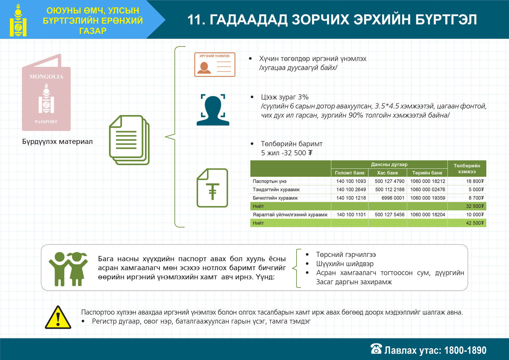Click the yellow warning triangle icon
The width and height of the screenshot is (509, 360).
[x=58, y=317]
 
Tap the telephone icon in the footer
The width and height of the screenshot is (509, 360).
[x=376, y=349]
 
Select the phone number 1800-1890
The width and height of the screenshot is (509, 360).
[x=465, y=350]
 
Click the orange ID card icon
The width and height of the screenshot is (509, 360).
[x=215, y=65]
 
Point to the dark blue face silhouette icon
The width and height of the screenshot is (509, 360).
[x=213, y=109]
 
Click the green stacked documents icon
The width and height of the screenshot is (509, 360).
[x=129, y=140]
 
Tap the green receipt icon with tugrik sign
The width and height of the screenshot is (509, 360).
[x=212, y=188]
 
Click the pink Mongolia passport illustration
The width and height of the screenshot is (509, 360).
[x=46, y=92]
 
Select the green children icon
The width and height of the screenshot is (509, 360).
[x=68, y=269]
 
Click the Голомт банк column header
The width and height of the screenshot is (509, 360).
[x=350, y=173]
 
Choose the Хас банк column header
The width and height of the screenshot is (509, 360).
[x=387, y=173]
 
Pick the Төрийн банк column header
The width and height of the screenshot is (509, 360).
[x=427, y=173]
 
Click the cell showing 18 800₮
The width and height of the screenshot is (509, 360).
[x=475, y=181]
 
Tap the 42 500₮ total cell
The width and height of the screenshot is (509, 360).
[x=475, y=223]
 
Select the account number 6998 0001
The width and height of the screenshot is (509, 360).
[x=393, y=198]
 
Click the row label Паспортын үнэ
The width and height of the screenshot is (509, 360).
[x=269, y=181]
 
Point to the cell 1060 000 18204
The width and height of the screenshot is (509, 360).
[x=428, y=215]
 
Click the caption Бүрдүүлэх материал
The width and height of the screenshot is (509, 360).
[x=57, y=142]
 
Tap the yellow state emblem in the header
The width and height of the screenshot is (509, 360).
[x=18, y=20]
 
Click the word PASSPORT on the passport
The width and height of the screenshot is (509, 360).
[x=46, y=122]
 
